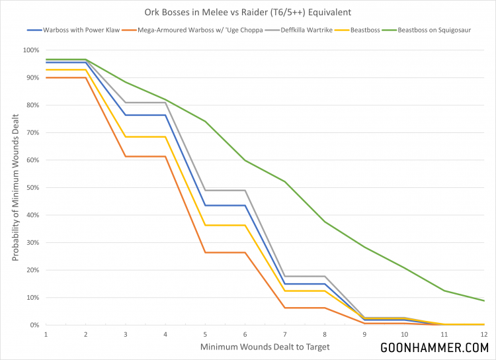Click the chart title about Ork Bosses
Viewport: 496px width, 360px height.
pyautogui.click(x=248, y=12)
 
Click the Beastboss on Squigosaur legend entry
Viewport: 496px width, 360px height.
pyautogui.click(x=439, y=30)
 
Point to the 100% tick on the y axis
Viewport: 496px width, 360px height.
pyautogui.click(x=31, y=50)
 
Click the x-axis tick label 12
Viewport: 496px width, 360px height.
pyautogui.click(x=484, y=334)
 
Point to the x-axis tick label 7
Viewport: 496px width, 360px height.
pyautogui.click(x=285, y=334)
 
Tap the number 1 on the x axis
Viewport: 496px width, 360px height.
pyautogui.click(x=46, y=334)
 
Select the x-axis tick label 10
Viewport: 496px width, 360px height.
pyautogui.click(x=404, y=334)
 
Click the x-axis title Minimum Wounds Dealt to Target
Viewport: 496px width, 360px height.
pyautogui.click(x=265, y=345)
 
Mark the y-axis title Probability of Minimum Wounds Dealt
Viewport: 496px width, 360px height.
pyautogui.click(x=15, y=187)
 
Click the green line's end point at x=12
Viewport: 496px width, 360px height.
pyautogui.click(x=484, y=300)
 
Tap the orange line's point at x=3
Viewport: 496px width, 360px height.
pyautogui.click(x=126, y=156)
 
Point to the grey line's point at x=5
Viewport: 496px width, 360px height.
pyautogui.click(x=205, y=191)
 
